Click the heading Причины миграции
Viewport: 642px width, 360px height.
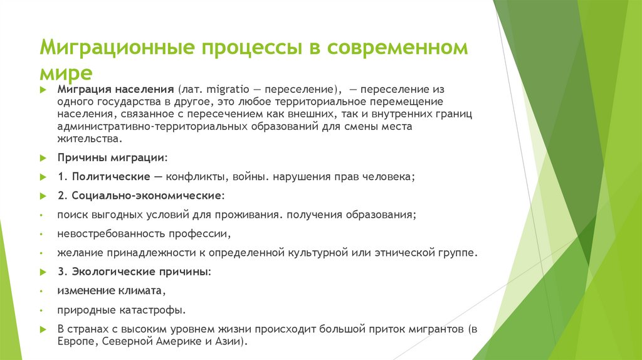pyautogui.click(x=112, y=157)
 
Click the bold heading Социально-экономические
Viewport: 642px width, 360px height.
pyautogui.click(x=145, y=196)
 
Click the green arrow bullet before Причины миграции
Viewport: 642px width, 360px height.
pyautogui.click(x=43, y=158)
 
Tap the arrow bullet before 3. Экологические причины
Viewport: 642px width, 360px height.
pyautogui.click(x=43, y=273)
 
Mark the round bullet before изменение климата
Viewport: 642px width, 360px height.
pyautogui.click(x=41, y=292)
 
